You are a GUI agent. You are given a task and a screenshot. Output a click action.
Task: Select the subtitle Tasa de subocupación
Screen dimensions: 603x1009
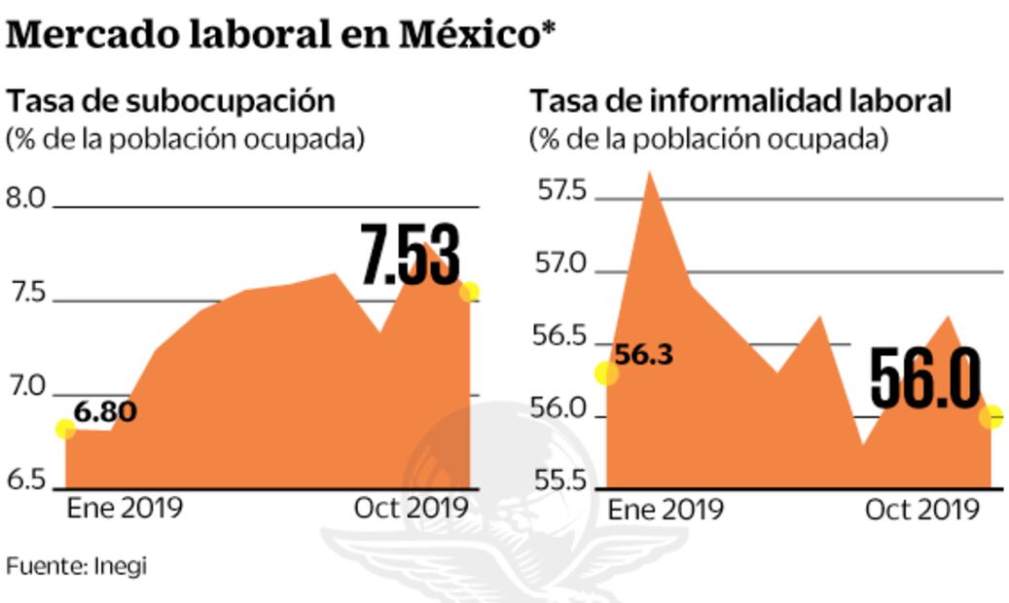pos(171,101)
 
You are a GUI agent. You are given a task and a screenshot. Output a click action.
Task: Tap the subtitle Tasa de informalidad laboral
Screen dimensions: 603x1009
pos(739,101)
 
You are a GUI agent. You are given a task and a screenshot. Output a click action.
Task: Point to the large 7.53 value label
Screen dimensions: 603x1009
pos(410,256)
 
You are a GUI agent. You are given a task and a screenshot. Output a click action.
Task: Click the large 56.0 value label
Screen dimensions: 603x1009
pos(924,378)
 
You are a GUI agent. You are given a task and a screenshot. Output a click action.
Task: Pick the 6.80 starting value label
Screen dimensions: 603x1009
pos(105,411)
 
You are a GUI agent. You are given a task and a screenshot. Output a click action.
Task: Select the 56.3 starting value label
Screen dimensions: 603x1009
pos(644,355)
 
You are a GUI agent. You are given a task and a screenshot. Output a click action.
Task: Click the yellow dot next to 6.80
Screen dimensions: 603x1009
pos(65,429)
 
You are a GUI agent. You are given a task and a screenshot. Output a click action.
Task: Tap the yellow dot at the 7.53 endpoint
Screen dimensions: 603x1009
pos(469,292)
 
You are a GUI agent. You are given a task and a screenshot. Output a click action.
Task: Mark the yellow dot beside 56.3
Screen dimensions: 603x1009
pos(606,372)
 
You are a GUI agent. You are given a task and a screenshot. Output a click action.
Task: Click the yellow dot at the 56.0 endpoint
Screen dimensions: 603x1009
pos(991,416)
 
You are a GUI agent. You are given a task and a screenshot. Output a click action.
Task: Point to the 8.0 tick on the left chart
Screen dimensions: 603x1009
pos(26,199)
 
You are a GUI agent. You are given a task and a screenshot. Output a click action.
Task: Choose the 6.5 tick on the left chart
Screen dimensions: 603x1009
pos(26,480)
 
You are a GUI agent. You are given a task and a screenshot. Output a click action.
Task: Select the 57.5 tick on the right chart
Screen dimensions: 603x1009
pos(561,191)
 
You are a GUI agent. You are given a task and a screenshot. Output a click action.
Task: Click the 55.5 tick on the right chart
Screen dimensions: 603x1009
pos(561,481)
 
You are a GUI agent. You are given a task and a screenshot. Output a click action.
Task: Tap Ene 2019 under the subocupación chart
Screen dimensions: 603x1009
pos(124,509)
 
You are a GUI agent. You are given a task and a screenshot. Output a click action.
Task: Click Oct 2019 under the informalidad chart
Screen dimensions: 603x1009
pos(920,510)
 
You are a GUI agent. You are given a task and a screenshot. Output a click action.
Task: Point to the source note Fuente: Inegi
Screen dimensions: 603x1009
pos(77,565)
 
